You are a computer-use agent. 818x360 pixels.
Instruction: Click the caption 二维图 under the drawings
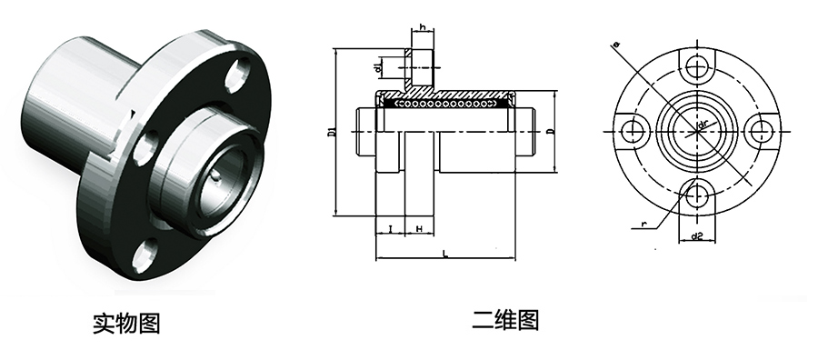(505, 320)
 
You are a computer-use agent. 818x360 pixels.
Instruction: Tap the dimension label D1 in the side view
(331, 135)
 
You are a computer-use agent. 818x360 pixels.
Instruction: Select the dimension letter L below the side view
(444, 255)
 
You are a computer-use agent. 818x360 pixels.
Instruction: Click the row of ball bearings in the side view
(445, 105)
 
